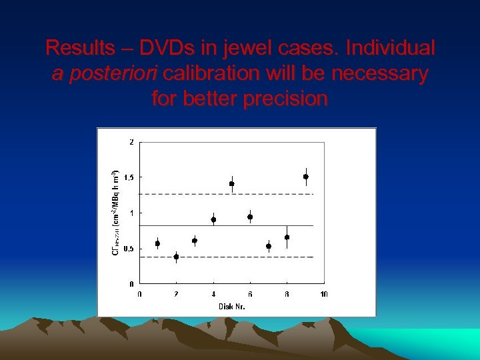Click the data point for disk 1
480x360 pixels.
(x=157, y=243)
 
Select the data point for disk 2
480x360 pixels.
(x=176, y=257)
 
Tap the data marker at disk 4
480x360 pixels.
(x=213, y=219)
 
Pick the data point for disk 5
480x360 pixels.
(x=232, y=184)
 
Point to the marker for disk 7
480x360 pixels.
(x=269, y=246)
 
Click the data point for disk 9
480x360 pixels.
(x=306, y=177)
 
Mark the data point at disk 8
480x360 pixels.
(x=287, y=237)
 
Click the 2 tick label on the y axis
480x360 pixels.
(x=131, y=142)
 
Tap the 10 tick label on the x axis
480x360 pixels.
(x=324, y=294)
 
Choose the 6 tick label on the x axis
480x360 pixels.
(x=250, y=294)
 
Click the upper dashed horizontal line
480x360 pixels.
(x=200, y=194)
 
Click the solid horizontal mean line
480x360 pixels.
(x=200, y=226)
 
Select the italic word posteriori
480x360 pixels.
(x=117, y=73)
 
